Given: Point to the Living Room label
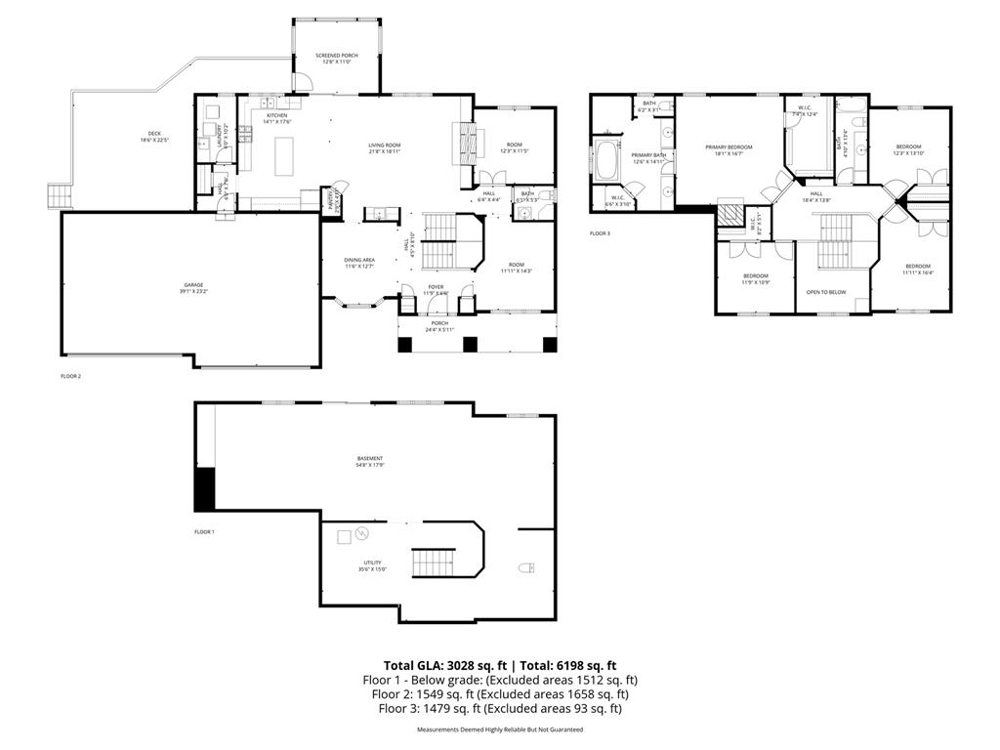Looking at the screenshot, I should [x=385, y=147].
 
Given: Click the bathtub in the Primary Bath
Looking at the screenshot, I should [x=607, y=159].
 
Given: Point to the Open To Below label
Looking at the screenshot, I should [x=825, y=292].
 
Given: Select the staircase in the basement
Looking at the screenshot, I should [x=431, y=562].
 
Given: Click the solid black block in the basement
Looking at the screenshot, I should [x=205, y=488].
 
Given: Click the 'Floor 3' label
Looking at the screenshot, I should [x=600, y=233].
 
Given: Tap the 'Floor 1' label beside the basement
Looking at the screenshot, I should [x=204, y=531].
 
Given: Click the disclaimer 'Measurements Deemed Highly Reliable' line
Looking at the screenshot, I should [x=500, y=729].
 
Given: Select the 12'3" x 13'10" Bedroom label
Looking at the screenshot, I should [x=908, y=149].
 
